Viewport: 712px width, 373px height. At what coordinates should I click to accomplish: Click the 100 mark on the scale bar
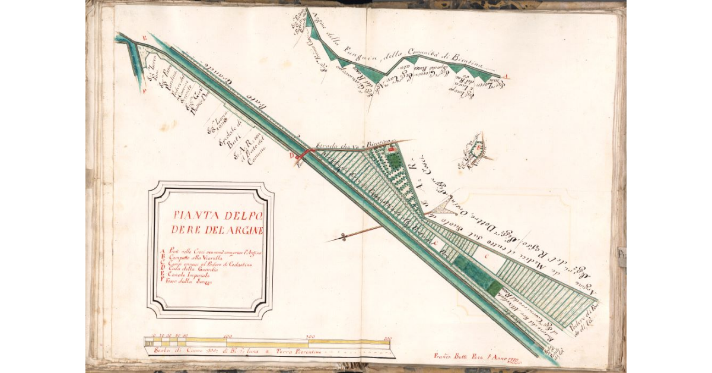coord(228,337)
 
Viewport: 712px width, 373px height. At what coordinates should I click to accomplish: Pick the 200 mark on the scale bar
coord(309,337)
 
